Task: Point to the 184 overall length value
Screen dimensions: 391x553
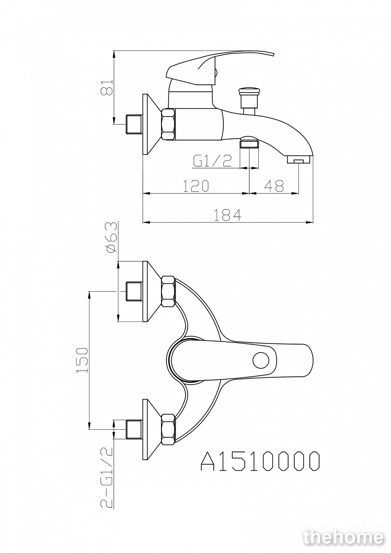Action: pyautogui.click(x=227, y=215)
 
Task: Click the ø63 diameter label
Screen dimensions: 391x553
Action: pyautogui.click(x=112, y=237)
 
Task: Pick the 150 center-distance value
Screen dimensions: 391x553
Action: pyautogui.click(x=82, y=360)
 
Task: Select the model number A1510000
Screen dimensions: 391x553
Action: pyautogui.click(x=260, y=461)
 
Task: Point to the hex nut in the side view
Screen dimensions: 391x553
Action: pyautogui.click(x=168, y=124)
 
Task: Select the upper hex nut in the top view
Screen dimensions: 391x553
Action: pyautogui.click(x=168, y=291)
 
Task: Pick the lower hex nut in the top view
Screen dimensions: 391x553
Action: pyautogui.click(x=168, y=429)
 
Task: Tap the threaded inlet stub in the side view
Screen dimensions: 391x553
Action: pyautogui.click(x=134, y=124)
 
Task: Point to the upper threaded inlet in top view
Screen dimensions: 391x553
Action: pyautogui.click(x=134, y=291)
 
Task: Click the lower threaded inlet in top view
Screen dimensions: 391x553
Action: pyautogui.click(x=134, y=429)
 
